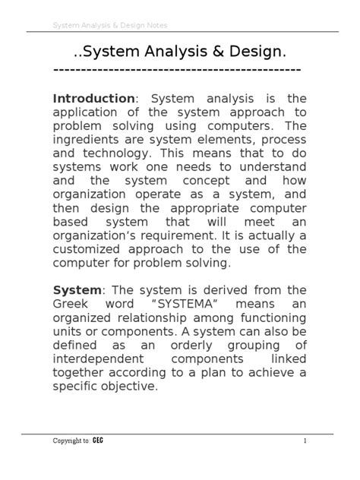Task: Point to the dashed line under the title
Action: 178,69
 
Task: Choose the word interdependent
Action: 97,358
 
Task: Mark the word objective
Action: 125,386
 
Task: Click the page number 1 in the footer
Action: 304,441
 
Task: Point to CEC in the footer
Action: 98,441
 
